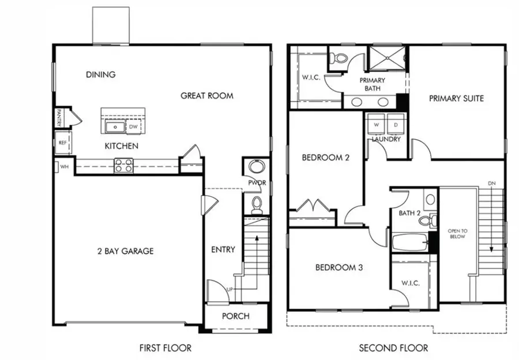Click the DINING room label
[100, 74]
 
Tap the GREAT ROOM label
[207, 96]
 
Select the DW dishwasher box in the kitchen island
[133, 127]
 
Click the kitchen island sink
[115, 127]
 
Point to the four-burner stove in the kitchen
[123, 166]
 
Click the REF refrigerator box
[62, 142]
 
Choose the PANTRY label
[59, 118]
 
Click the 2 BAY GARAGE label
[125, 251]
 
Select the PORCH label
[236, 316]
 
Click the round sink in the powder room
[255, 168]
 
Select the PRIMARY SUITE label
[456, 98]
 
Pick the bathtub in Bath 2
[409, 242]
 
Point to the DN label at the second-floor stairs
[491, 183]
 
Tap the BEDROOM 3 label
[339, 268]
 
